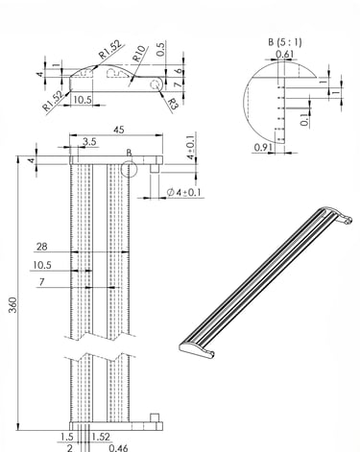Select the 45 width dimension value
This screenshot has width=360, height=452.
coord(119,130)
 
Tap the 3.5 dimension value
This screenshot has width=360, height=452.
coord(89,141)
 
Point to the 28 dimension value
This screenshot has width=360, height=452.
coord(41,247)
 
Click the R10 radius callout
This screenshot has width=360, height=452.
coord(139,54)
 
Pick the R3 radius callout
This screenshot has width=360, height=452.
coord(173,104)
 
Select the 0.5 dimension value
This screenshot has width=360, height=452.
coord(161,49)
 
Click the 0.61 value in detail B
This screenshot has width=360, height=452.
coord(284,54)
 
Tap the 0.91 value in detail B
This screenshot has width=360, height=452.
coord(263,147)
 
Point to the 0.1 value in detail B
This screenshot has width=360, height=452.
coord(305,118)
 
